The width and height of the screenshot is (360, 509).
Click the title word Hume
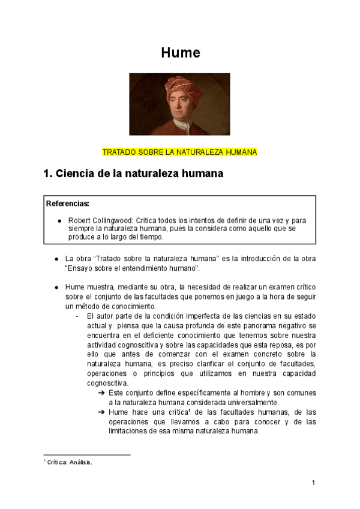180,53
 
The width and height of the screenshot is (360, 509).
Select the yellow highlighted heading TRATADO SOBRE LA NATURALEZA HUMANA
179,152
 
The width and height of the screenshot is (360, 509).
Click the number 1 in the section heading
48,175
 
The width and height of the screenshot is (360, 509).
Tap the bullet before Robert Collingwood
60,220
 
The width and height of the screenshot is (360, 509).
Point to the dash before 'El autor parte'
77,316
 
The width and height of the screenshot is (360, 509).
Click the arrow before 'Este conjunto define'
101,393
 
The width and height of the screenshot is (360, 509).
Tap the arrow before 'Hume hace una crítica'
101,413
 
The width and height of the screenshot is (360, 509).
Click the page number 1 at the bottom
313,483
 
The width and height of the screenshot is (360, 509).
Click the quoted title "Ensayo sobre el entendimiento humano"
132,268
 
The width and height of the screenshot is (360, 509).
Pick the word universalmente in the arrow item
247,402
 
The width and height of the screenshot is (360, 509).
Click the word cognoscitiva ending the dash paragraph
107,383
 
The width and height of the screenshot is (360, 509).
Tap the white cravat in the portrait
182,127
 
